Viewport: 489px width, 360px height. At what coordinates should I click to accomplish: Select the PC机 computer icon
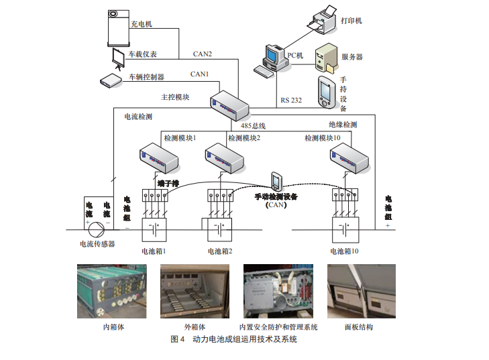coord(276,57)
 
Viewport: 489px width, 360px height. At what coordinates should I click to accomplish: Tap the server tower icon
coord(327,58)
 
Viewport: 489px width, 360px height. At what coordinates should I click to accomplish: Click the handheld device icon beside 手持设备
coord(327,92)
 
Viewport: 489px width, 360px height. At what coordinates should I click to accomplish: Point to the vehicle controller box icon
coord(109,79)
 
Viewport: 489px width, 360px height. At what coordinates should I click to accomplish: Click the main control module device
coord(227,104)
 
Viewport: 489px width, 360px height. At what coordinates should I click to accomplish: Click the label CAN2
coord(202,54)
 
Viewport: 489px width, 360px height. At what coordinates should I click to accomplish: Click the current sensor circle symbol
coord(98,229)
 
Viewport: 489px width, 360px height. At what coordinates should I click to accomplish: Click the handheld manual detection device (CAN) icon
coord(276,182)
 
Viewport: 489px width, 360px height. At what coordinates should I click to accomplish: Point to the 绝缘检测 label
coord(343,125)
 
